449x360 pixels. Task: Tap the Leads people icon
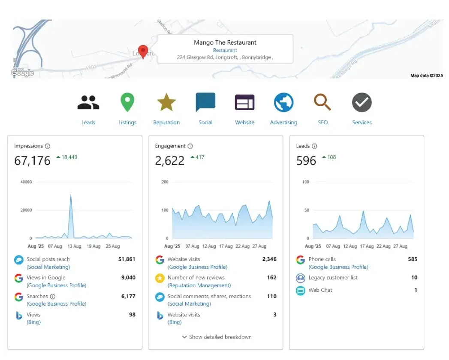(x=88, y=103)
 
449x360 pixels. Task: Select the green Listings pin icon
(x=127, y=103)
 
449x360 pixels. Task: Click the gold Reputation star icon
(x=166, y=103)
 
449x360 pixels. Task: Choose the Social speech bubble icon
(x=205, y=103)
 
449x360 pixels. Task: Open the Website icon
(x=244, y=103)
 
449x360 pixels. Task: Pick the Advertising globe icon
(x=283, y=103)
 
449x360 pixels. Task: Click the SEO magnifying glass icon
(x=322, y=102)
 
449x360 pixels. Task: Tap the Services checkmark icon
(x=362, y=103)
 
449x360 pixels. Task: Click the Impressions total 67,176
(x=32, y=161)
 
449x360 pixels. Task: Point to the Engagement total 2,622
(x=170, y=161)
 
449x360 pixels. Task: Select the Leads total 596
(x=306, y=161)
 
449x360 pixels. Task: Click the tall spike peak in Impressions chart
(x=71, y=195)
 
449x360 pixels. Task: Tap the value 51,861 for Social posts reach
(x=127, y=259)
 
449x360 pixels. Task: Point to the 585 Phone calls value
(x=413, y=259)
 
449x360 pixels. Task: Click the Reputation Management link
(x=199, y=285)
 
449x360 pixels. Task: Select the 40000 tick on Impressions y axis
(x=26, y=182)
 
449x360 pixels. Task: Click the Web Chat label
(x=320, y=290)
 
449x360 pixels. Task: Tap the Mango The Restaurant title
(x=225, y=42)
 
